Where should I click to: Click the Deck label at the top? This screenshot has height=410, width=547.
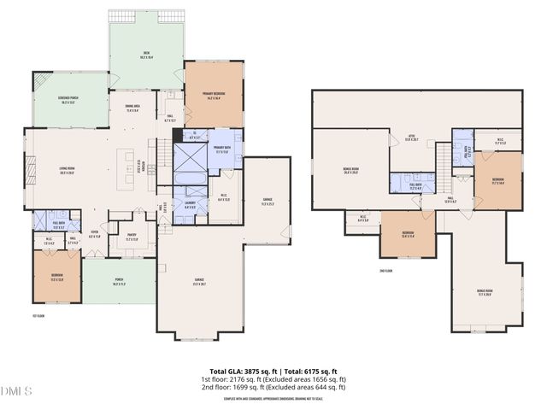click(x=146, y=55)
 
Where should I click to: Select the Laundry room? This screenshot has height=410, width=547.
click(x=190, y=206)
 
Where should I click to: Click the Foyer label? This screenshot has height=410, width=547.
click(x=95, y=235)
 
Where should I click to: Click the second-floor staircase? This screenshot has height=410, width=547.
click(x=443, y=159)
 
